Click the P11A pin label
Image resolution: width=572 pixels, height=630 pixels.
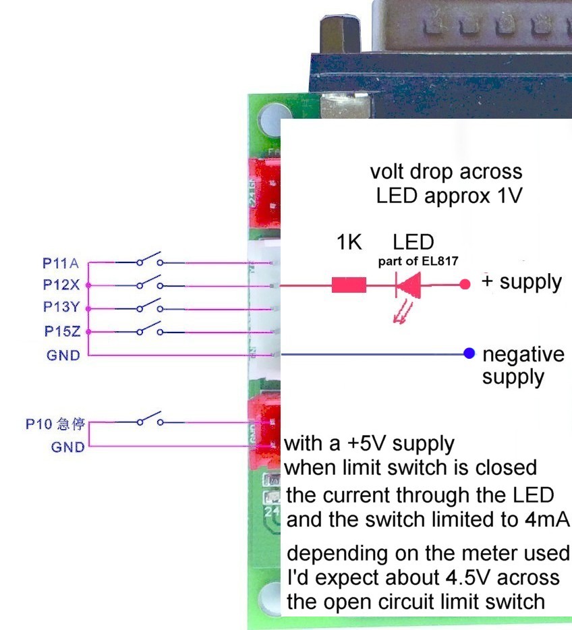[x=61, y=262]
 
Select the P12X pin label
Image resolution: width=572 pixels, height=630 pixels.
[x=61, y=285]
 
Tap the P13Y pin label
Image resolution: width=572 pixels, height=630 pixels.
[x=61, y=308]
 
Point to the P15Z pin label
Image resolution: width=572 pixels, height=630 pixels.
[x=61, y=331]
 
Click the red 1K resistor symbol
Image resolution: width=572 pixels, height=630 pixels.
[x=349, y=285]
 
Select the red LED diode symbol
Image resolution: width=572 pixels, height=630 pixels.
[x=407, y=285]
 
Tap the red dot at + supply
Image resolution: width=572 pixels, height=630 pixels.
[x=465, y=285]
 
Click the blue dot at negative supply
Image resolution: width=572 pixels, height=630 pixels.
[x=469, y=353]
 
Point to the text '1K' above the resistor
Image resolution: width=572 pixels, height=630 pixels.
[x=349, y=242]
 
